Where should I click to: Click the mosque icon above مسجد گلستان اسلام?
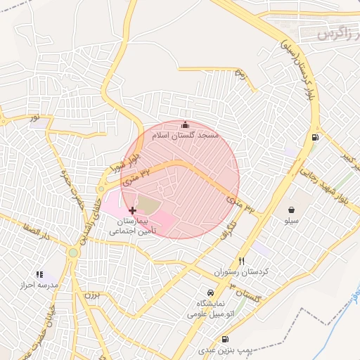click(186, 124)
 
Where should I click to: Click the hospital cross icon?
click(132, 210)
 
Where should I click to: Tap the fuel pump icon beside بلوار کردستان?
click(314, 136)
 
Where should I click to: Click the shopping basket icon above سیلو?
click(291, 209)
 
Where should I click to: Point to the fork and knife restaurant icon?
click(242, 260)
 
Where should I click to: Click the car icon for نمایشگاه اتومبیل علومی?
click(210, 292)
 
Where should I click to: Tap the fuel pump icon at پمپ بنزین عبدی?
click(224, 339)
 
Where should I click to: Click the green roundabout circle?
click(72, 252)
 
